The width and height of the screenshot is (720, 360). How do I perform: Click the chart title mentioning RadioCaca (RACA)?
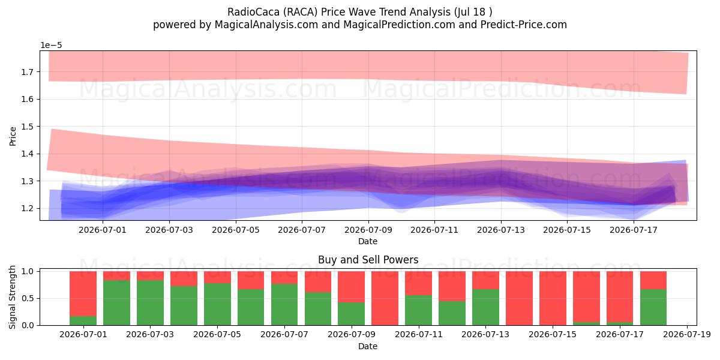pyautogui.click(x=359, y=12)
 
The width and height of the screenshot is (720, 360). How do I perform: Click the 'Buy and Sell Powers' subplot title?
pyautogui.click(x=368, y=260)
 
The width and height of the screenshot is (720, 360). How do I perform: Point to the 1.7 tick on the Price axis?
pyautogui.click(x=28, y=71)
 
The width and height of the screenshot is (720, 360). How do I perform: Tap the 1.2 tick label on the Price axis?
pyautogui.click(x=28, y=208)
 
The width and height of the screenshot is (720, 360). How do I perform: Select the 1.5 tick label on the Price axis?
pyautogui.click(x=28, y=127)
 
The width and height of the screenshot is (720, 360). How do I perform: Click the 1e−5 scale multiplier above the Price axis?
pyautogui.click(x=51, y=46)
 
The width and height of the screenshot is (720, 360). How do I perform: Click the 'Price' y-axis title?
pyautogui.click(x=13, y=136)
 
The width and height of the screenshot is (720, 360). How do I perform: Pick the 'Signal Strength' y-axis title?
pyautogui.click(x=12, y=298)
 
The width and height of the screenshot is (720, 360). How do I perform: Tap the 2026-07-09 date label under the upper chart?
pyautogui.click(x=368, y=230)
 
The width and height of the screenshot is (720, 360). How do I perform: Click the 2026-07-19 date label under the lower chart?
pyautogui.click(x=687, y=335)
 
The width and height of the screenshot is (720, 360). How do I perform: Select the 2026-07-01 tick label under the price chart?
pyautogui.click(x=103, y=230)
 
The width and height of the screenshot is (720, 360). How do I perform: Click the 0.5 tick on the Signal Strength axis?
pyautogui.click(x=28, y=298)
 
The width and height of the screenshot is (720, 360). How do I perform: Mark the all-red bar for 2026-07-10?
pyautogui.click(x=385, y=298)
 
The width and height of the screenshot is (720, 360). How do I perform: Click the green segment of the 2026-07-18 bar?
pyautogui.click(x=653, y=307)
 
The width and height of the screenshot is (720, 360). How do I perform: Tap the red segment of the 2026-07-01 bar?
pyautogui.click(x=83, y=294)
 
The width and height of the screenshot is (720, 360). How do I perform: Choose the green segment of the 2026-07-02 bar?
pyautogui.click(x=116, y=303)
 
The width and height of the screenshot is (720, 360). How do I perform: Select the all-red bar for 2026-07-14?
pyautogui.click(x=519, y=298)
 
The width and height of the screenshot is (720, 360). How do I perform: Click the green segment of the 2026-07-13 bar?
pyautogui.click(x=485, y=307)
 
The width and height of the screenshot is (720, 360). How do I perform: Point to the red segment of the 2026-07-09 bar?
pyautogui.click(x=352, y=287)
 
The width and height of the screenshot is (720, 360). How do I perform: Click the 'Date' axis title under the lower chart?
pyautogui.click(x=368, y=347)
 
